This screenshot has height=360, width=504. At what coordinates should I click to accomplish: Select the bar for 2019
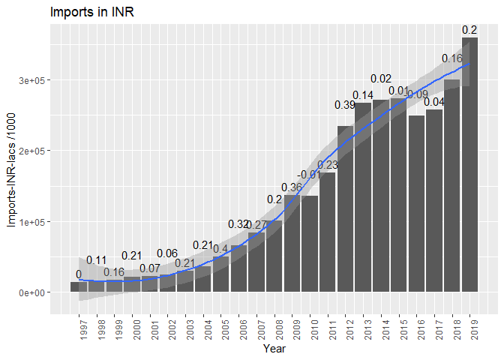pos(470,165)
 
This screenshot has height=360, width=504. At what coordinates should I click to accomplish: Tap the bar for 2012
pos(346,209)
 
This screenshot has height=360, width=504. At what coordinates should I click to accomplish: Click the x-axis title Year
pos(274,349)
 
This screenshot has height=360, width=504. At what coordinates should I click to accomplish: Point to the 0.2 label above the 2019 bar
pos(470,30)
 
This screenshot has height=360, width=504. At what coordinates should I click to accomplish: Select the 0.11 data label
pos(97,260)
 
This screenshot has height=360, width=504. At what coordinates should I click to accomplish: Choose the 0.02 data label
pos(381,79)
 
